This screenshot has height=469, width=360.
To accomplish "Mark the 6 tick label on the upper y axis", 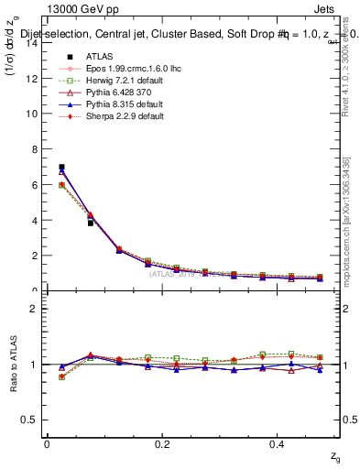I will click(x=33, y=185).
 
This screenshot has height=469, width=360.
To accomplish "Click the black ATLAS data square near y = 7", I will click(x=61, y=167).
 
